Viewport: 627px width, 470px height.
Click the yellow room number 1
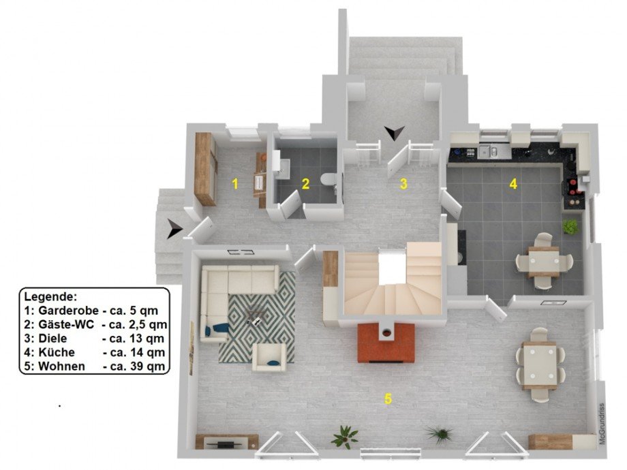[x=235, y=184]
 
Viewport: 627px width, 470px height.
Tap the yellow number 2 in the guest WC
[x=305, y=184]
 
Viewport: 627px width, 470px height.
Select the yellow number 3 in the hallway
[x=403, y=184]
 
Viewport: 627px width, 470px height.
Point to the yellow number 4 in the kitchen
[x=513, y=184]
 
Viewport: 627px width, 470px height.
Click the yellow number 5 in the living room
[x=388, y=398]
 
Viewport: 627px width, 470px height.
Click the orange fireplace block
[x=386, y=343]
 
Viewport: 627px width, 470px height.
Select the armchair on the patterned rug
[x=269, y=356]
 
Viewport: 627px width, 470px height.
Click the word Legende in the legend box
[x=50, y=297]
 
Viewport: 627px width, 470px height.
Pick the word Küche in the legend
[x=57, y=352]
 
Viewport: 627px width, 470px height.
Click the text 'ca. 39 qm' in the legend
[x=134, y=366]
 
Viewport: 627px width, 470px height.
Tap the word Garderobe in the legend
[x=68, y=311]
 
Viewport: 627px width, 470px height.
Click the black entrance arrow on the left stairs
[x=174, y=229]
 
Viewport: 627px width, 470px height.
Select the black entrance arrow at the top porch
[x=395, y=133]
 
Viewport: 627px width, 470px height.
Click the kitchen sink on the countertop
[x=489, y=151]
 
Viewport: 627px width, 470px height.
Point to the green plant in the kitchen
[x=570, y=227]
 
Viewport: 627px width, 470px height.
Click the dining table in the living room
[x=540, y=366]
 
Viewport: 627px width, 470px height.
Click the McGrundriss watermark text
[x=601, y=424]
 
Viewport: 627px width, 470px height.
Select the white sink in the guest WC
[x=282, y=164]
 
